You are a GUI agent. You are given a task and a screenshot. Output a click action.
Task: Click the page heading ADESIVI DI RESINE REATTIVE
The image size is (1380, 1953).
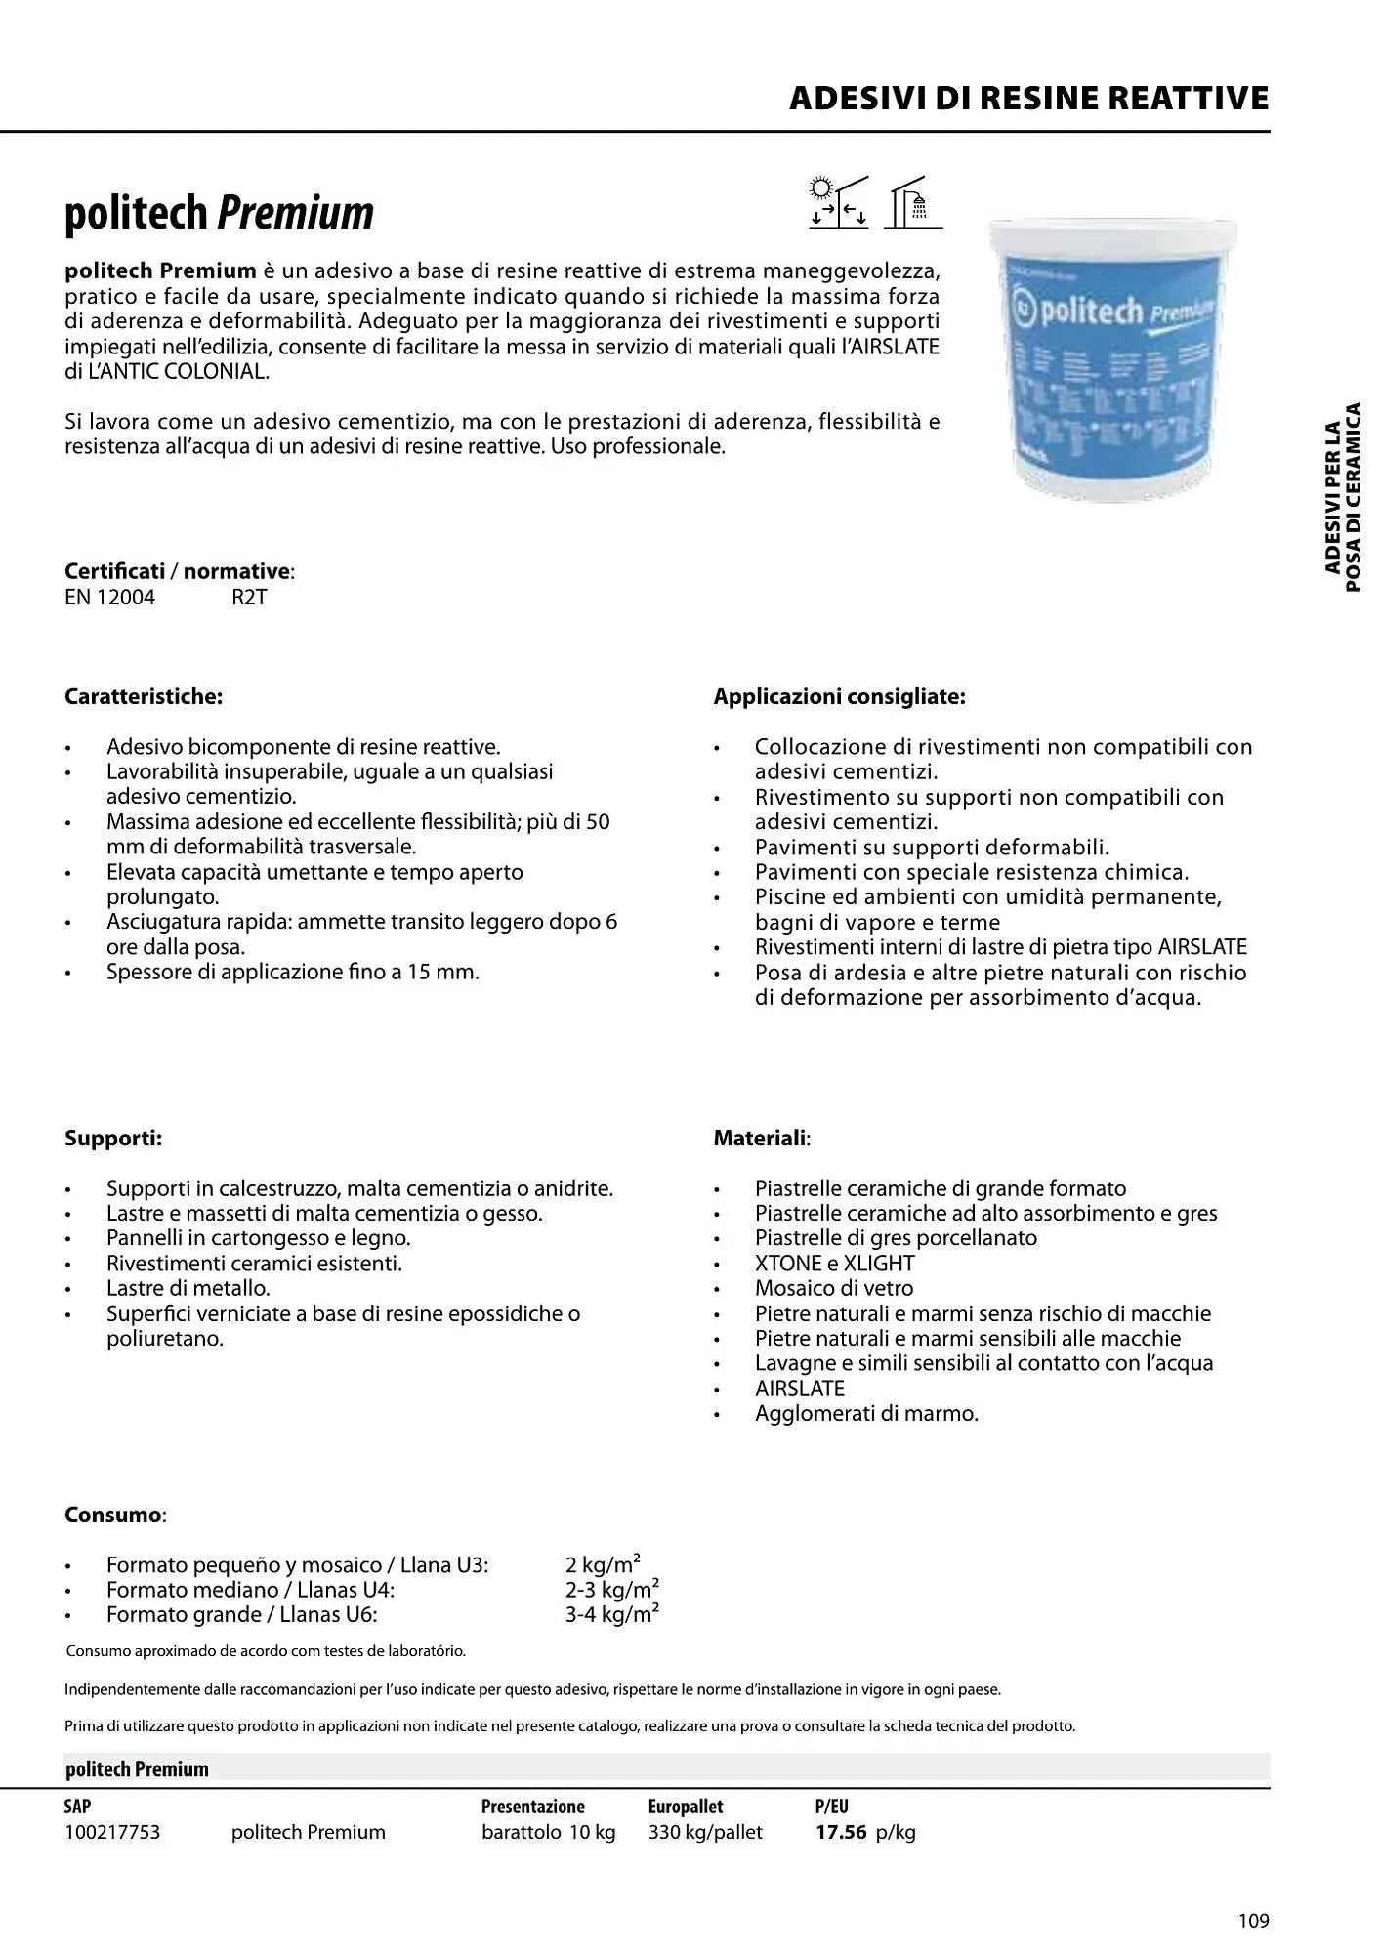[1028, 99]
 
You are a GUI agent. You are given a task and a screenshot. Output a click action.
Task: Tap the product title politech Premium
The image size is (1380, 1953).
[219, 213]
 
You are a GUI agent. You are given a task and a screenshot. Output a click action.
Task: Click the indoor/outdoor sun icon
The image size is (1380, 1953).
[838, 202]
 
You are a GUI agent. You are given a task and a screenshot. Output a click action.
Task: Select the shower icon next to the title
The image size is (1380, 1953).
[913, 202]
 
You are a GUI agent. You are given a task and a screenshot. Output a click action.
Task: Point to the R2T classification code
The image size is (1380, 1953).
[249, 598]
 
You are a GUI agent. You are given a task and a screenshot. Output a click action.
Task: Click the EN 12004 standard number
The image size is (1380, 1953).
[109, 598]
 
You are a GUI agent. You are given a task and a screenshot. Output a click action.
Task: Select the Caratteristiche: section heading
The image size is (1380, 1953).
[144, 697]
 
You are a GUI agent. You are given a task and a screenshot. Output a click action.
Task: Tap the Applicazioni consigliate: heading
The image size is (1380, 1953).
[839, 697]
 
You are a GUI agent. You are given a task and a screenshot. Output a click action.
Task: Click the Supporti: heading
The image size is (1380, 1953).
[113, 1139]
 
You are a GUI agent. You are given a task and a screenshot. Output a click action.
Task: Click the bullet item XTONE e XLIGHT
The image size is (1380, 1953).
[834, 1264]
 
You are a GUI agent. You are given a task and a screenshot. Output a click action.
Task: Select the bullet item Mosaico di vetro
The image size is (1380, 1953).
[833, 1288]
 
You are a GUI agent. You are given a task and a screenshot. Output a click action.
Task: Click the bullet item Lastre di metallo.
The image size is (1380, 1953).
[188, 1288]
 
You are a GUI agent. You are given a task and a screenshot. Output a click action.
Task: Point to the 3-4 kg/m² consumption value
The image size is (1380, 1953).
[611, 1615]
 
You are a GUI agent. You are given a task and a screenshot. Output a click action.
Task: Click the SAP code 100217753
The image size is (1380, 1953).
[112, 1833]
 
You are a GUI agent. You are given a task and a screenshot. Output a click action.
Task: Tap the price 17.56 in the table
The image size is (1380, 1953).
[841, 1833]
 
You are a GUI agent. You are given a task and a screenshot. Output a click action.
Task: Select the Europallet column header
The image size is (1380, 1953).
[685, 1807]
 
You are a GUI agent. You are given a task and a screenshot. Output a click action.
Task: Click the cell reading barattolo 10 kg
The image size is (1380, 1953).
[548, 1833]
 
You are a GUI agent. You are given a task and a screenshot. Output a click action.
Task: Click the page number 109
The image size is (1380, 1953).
[1253, 1922]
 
